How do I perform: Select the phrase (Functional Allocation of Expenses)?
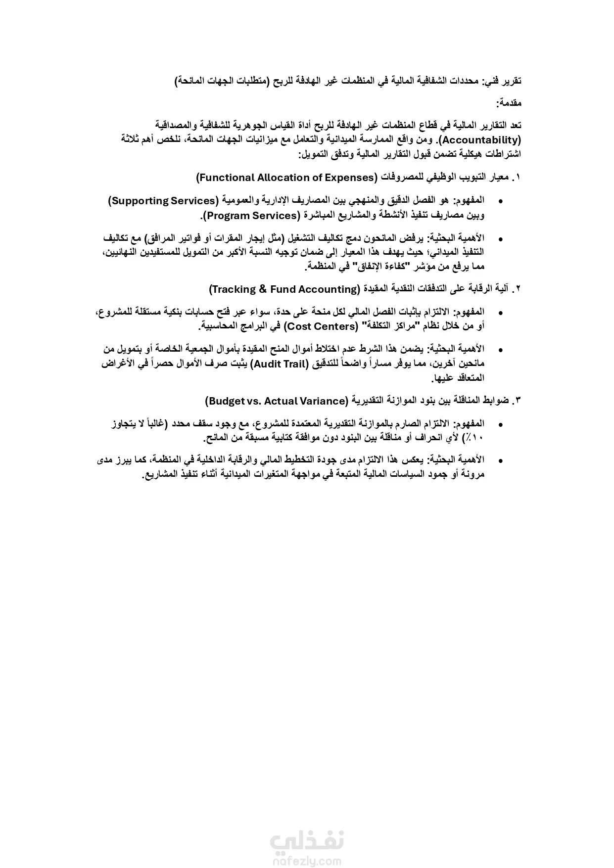pos(286,178)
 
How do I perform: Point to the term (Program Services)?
pos(250,216)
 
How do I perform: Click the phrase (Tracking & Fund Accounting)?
pos(284,289)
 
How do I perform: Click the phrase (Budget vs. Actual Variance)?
pos(277,401)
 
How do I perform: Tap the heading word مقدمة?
pos(509,103)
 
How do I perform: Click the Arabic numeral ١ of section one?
pos(518,178)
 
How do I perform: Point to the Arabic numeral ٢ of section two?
pos(518,289)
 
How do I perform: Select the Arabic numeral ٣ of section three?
pos(518,401)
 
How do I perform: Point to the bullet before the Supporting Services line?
pos(501,201)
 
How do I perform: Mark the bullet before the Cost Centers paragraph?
pos(501,313)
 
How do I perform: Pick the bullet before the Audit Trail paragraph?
pos(501,350)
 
